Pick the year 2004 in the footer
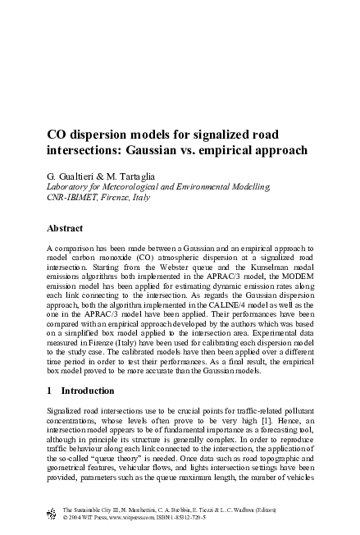(x=77, y=519)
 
